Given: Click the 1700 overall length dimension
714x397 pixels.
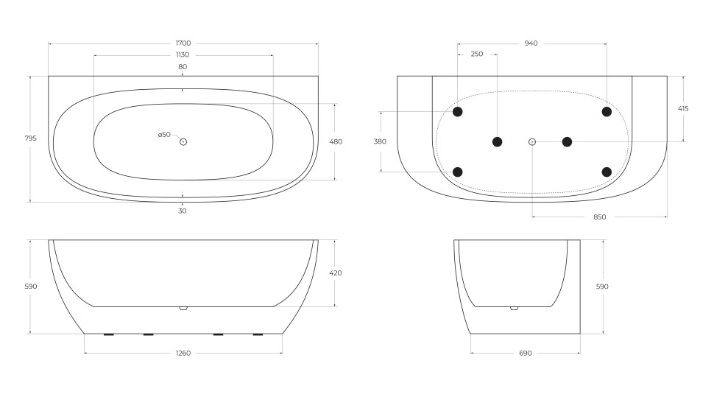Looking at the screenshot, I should coord(183,43).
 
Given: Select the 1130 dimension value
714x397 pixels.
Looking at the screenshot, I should coord(183,55).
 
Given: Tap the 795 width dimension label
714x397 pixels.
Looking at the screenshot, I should coord(30,138).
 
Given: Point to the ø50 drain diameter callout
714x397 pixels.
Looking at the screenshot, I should coord(164,135).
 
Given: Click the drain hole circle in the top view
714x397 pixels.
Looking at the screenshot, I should coord(183,141).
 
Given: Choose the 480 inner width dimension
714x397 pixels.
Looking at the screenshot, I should coord(336,141).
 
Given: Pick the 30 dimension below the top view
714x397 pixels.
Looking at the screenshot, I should coord(183,211).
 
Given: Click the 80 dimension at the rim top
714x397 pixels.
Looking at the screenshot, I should coord(183,67).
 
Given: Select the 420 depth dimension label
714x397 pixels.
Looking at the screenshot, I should coord(336,273).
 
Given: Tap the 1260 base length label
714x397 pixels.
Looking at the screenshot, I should coord(183,353).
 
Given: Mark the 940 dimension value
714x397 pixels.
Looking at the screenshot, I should coord(531,43).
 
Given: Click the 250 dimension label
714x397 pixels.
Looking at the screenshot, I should coord(477,54).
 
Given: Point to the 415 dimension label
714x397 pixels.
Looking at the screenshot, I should coord(683,108).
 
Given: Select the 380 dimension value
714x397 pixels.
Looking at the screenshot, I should coord(380,141).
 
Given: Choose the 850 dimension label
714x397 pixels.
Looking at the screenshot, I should coord(599,217).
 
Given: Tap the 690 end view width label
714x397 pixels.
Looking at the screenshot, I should coord(525,353).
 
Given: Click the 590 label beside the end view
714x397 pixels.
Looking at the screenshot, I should coord(602,287).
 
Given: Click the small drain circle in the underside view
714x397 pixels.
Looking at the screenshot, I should coord(532,141).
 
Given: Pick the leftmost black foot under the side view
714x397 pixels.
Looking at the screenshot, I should coord(108,334).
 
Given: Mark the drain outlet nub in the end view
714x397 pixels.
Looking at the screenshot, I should coord(514,308).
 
